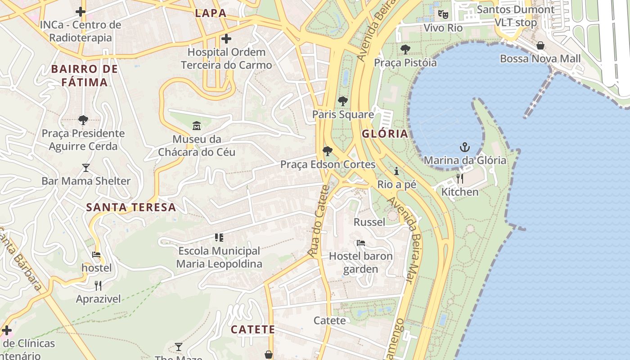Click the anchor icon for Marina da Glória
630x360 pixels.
click(x=464, y=147)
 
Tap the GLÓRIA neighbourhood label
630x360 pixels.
click(x=385, y=134)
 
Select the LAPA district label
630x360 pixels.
click(x=211, y=13)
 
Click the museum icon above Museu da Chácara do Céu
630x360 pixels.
click(x=197, y=126)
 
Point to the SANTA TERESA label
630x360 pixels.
click(x=131, y=207)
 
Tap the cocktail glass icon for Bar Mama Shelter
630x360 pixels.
click(x=86, y=168)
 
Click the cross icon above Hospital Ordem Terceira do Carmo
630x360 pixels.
click(x=226, y=39)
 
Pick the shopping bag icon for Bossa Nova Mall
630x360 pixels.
click(x=540, y=45)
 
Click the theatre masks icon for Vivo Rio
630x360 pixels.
click(x=443, y=14)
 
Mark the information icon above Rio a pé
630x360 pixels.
click(x=396, y=171)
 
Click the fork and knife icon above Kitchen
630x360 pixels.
click(x=459, y=179)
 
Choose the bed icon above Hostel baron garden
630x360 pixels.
click(x=360, y=243)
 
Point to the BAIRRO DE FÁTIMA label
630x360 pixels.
click(x=85, y=76)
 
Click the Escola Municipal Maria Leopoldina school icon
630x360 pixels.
click(x=219, y=238)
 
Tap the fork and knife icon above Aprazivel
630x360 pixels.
click(x=98, y=285)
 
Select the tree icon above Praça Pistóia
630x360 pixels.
click(x=405, y=49)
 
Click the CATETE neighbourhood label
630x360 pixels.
click(x=253, y=330)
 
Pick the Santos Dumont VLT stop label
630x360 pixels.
click(x=516, y=16)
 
